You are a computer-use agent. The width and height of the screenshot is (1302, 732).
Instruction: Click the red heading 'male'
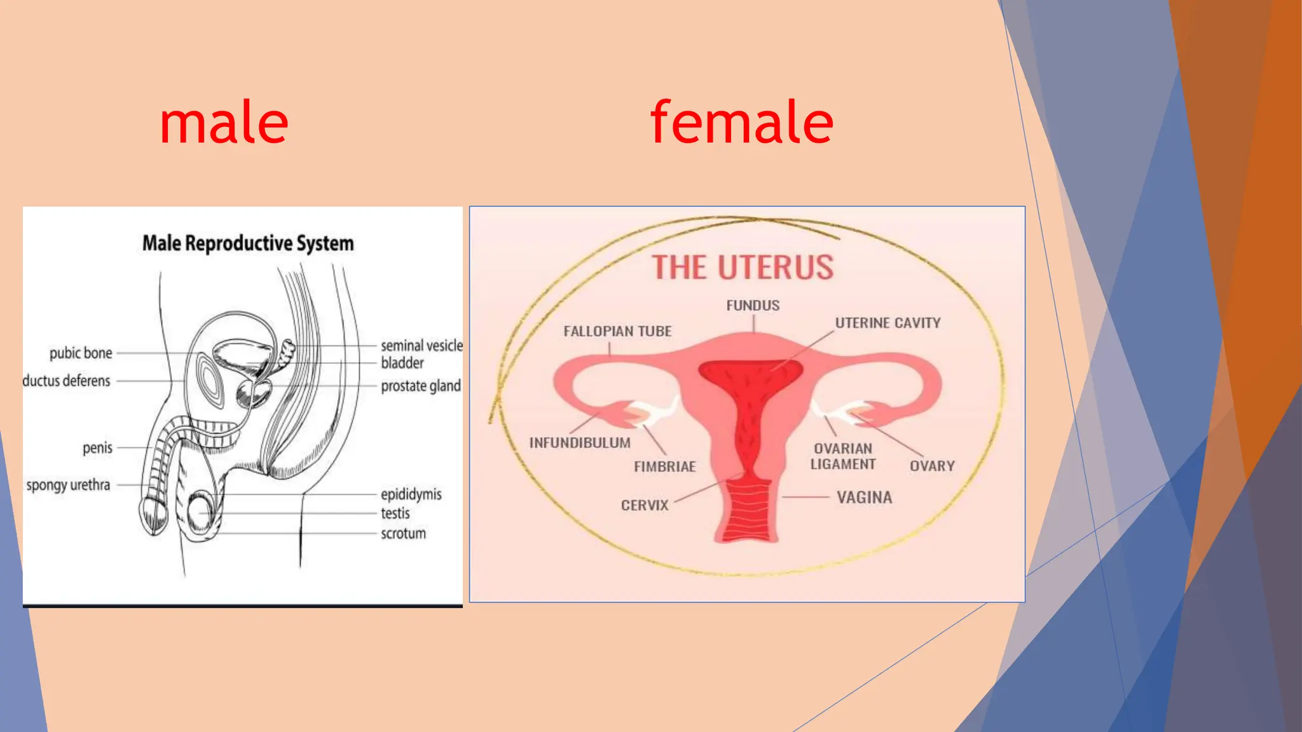224,123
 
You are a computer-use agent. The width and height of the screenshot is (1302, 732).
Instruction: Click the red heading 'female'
741,123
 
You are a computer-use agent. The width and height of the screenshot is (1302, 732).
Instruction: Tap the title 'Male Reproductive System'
248,243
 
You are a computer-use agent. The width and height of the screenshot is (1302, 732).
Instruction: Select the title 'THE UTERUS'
743,268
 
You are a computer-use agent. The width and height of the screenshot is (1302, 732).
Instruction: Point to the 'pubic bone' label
81,353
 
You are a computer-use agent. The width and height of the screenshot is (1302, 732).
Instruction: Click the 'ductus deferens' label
66,381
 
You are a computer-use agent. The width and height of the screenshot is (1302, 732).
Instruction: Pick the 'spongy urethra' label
68,485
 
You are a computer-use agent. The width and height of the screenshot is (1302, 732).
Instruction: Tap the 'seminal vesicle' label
421,346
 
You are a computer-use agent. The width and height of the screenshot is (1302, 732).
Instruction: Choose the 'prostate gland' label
420,386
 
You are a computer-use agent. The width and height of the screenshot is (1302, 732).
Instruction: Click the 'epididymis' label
411,494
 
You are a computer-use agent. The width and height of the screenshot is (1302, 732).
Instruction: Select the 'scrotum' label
403,534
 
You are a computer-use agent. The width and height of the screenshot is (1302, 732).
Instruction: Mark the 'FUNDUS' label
753,306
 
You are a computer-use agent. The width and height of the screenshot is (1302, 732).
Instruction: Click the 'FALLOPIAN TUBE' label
617,332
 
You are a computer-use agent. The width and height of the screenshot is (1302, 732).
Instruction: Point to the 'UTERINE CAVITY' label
887,323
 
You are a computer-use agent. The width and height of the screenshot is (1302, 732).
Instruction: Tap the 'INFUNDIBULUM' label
580,443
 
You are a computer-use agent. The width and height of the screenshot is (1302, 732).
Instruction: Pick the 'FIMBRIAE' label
665,467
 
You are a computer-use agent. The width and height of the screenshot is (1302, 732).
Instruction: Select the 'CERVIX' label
645,506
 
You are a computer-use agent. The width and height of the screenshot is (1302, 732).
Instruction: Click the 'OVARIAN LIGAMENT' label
843,456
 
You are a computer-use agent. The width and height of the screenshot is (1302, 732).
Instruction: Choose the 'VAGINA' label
864,498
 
